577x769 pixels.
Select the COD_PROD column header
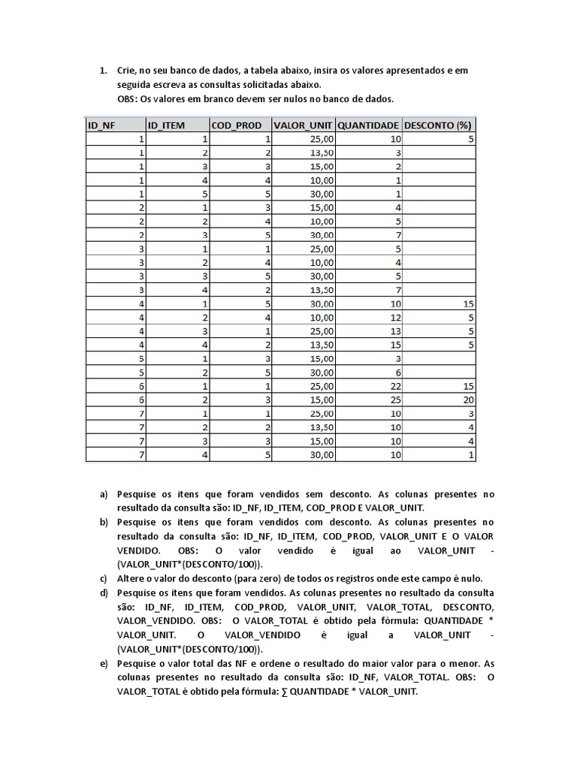tap(235, 125)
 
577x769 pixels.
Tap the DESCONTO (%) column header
tap(438, 125)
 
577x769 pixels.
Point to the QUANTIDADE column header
tap(368, 125)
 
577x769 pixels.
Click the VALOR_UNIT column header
tap(302, 125)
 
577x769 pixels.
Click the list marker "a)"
tap(104, 495)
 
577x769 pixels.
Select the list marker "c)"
tap(104, 578)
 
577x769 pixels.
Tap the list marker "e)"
tap(104, 664)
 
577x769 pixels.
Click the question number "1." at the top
tap(104, 71)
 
